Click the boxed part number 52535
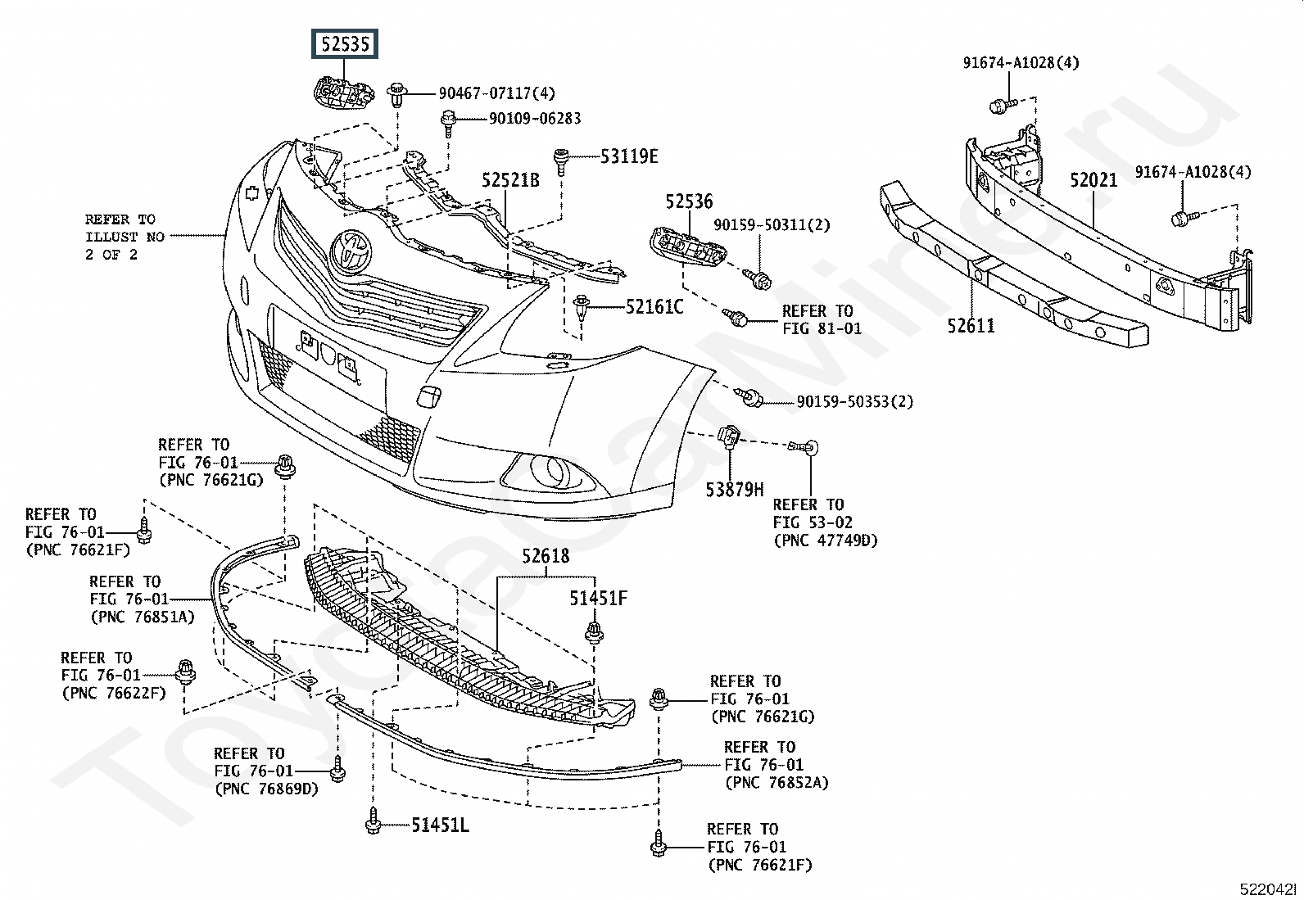(x=345, y=43)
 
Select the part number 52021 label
(x=1093, y=180)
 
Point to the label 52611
(x=971, y=326)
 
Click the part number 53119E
(x=629, y=156)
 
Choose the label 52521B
(x=510, y=180)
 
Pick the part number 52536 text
(x=689, y=201)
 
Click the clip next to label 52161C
(x=582, y=309)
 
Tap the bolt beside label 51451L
(x=374, y=821)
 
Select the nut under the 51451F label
(x=593, y=632)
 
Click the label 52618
(x=546, y=557)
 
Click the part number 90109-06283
(x=535, y=119)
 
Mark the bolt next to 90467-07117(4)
(x=397, y=94)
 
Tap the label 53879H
(x=735, y=491)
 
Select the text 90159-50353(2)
(x=855, y=401)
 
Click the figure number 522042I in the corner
(x=1267, y=889)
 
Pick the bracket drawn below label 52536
(x=688, y=246)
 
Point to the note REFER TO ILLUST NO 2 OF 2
(x=125, y=237)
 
